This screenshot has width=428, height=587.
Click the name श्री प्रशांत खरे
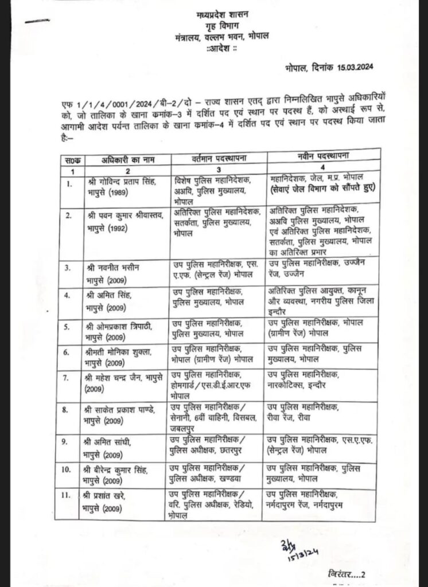tap(114, 495)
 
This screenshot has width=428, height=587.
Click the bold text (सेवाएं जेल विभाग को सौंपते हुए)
tap(325, 187)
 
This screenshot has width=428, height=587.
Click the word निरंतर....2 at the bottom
tap(348, 574)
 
